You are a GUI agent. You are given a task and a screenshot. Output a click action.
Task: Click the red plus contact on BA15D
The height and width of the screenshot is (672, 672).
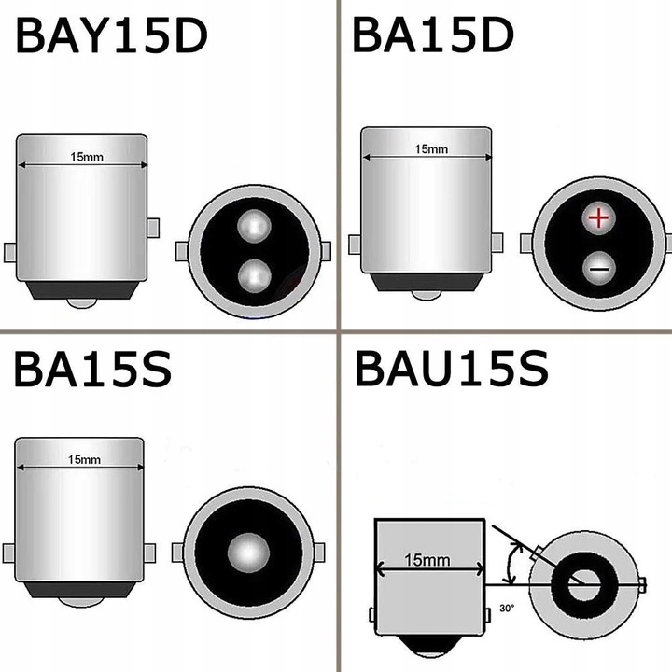pyautogui.click(x=598, y=219)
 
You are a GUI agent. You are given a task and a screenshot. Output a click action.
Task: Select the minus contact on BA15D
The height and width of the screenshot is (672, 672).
pyautogui.click(x=598, y=269)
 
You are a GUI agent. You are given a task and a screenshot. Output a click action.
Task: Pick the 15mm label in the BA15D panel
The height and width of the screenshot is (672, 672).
pyautogui.click(x=430, y=148)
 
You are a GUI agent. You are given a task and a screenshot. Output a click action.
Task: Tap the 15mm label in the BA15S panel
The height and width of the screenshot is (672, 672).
pyautogui.click(x=84, y=459)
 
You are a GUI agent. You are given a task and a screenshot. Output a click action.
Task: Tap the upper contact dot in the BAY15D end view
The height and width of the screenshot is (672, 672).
pyautogui.click(x=252, y=225)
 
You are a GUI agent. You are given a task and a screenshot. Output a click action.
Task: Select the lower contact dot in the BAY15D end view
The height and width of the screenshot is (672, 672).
pyautogui.click(x=252, y=275)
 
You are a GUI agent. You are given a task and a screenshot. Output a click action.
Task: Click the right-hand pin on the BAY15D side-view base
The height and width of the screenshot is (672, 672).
pyautogui.click(x=154, y=227)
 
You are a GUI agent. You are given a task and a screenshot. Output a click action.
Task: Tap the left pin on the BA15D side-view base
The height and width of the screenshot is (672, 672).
pyautogui.click(x=355, y=245)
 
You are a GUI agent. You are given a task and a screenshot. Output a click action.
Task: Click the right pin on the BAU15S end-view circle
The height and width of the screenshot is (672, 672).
pyautogui.click(x=642, y=584)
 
